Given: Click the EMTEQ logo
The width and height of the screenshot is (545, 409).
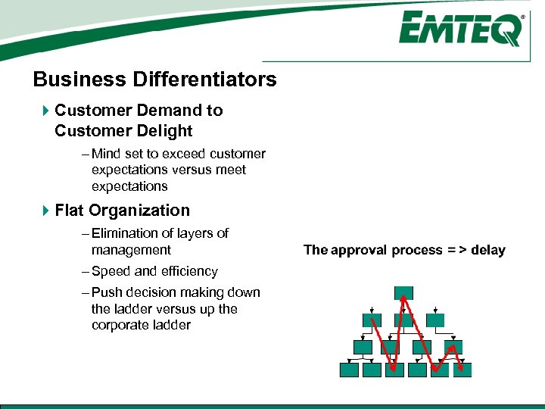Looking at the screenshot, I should pos(461,30).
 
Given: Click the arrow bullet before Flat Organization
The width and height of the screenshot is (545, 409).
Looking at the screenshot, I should pos(45,211).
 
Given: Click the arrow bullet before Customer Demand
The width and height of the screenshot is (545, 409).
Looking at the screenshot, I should pos(45,111).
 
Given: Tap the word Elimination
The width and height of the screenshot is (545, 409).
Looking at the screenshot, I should pos(124,233).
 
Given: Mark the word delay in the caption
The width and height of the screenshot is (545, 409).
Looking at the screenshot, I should pos(487,250).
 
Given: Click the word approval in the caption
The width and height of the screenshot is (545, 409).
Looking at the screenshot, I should pos(358,250).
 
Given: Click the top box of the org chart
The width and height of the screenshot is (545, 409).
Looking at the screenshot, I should pos(403,293).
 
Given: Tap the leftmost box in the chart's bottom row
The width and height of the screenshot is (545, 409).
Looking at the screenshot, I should pos(349,370).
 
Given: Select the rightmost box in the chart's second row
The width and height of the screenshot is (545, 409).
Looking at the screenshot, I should pos(435,320).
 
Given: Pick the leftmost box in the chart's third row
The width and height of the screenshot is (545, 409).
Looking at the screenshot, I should pos(363,346).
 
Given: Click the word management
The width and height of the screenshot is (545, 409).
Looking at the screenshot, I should pos(131,250).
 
